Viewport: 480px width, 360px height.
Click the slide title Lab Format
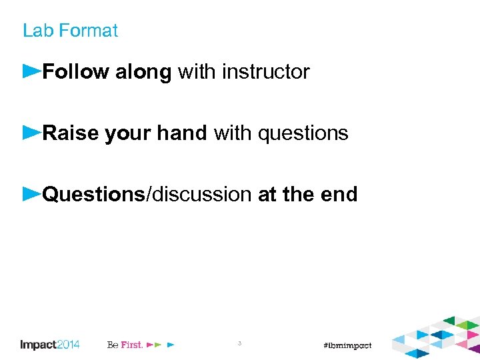(70, 31)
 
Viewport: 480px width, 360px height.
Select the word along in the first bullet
(143, 72)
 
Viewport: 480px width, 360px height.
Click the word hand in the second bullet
(182, 133)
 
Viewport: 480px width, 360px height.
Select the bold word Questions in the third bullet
(93, 195)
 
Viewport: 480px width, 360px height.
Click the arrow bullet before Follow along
(31, 70)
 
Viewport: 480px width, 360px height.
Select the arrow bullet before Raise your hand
(31, 132)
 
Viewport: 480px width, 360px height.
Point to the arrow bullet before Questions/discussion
(31, 193)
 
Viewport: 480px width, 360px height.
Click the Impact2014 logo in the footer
(50, 345)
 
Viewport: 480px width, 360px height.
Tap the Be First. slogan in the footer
(125, 345)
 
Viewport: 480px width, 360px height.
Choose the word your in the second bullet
(128, 134)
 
